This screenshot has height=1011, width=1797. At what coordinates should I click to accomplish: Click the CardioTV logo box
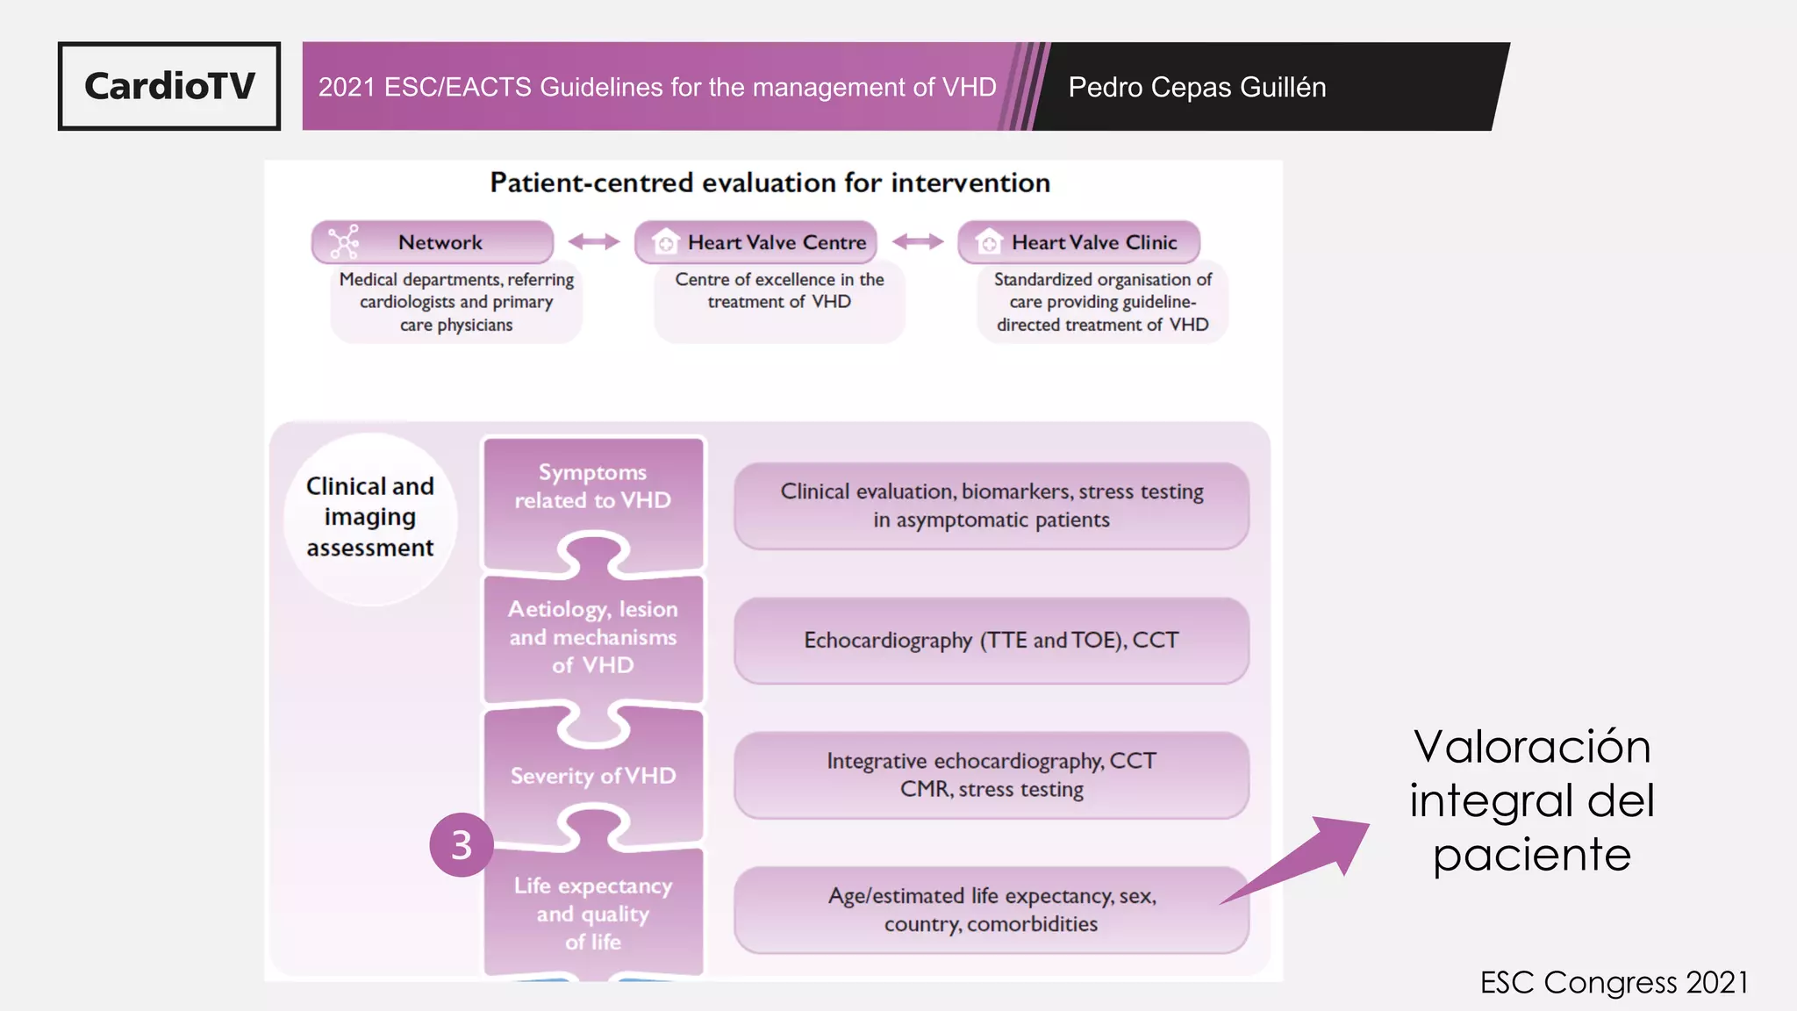click(169, 86)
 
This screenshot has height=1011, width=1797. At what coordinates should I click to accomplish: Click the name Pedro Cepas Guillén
click(1196, 87)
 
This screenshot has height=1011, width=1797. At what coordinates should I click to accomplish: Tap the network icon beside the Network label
click(343, 242)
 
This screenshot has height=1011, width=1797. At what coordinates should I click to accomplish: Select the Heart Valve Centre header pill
click(756, 242)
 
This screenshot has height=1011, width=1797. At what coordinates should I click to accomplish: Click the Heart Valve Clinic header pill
click(1079, 242)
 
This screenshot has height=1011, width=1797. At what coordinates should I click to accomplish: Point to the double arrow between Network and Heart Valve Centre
click(594, 242)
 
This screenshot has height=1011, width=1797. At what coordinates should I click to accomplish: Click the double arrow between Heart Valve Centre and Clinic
click(918, 242)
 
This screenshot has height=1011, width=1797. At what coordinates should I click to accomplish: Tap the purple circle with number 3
click(462, 844)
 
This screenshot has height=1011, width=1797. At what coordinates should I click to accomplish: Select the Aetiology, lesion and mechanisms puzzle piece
click(593, 636)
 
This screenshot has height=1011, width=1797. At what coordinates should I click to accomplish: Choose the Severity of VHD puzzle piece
click(593, 776)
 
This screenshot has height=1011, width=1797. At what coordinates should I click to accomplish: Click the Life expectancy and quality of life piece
click(593, 913)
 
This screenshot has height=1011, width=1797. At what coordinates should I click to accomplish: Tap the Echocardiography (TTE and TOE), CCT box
click(992, 641)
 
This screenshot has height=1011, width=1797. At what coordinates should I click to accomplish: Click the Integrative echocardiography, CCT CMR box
click(992, 775)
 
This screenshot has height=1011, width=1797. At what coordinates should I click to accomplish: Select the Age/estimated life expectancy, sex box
click(992, 910)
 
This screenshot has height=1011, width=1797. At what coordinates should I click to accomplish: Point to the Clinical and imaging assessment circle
click(370, 518)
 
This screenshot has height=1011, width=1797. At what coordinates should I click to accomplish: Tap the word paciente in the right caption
click(1532, 855)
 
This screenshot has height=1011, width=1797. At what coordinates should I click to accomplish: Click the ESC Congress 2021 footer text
click(1614, 982)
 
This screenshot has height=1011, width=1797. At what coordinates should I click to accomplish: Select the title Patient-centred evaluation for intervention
click(770, 183)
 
